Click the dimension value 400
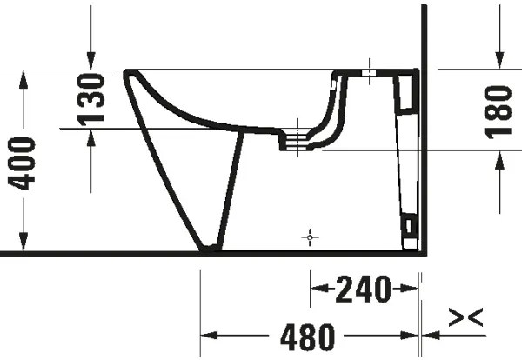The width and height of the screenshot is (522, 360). tap(23, 163)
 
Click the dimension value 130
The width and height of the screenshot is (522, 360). tap(92, 97)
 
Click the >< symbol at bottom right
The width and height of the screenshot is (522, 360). tap(465, 318)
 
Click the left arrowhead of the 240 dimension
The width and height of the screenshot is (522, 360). tap(318, 286)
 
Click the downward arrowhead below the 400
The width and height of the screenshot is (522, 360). tap(23, 244)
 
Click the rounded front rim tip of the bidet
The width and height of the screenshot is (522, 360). tap(130, 74)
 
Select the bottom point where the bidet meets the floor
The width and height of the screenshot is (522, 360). tap(209, 250)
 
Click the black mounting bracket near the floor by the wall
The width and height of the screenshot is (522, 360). tap(406, 229)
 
